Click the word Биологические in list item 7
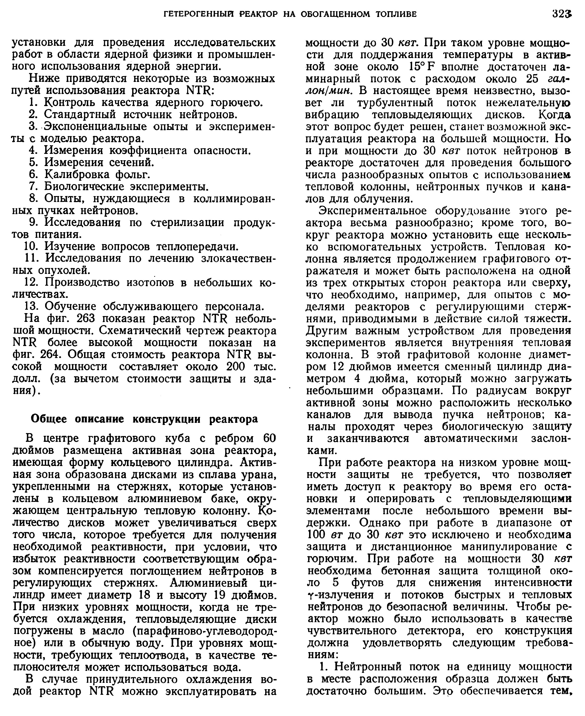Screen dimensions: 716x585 [x=84, y=186]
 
